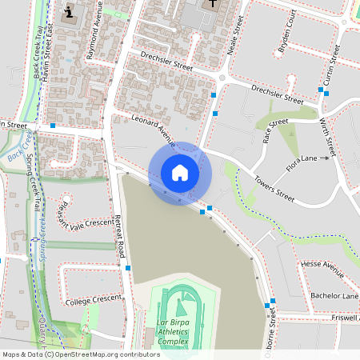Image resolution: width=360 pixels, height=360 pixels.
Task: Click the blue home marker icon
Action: coord(179,172)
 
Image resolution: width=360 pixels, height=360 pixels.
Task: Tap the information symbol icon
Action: coord(70,11)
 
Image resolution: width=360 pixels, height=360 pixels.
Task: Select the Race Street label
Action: coord(274,130)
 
